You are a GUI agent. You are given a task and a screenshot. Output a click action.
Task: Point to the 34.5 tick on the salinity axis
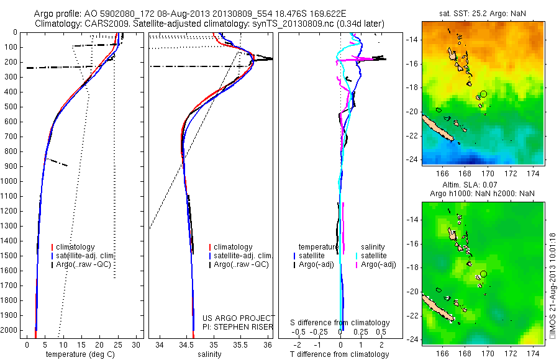[186, 344]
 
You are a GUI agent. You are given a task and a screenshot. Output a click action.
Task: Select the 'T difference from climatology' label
[340, 354]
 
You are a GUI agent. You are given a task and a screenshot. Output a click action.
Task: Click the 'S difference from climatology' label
[340, 323]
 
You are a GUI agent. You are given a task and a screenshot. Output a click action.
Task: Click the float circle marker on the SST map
[483, 93]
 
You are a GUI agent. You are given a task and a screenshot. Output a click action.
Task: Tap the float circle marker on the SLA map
[483, 274]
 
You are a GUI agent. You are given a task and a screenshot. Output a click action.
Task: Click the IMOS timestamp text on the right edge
[553, 286]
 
